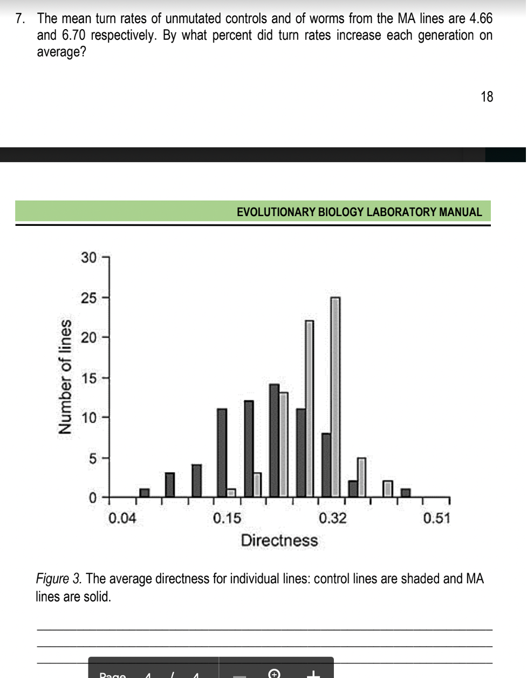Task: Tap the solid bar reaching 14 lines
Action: click(x=274, y=440)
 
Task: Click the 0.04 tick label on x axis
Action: click(x=122, y=518)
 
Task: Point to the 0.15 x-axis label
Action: click(x=227, y=518)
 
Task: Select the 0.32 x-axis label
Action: click(x=332, y=518)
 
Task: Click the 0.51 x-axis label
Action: click(x=436, y=518)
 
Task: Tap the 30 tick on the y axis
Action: click(x=90, y=258)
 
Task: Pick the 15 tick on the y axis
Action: click(x=90, y=378)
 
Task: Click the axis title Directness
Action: click(x=279, y=540)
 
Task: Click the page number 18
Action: click(x=486, y=97)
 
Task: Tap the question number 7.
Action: click(x=20, y=19)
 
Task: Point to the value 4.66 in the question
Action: click(x=481, y=19)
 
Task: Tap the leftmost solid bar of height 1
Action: click(x=144, y=493)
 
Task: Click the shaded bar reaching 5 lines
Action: click(x=361, y=477)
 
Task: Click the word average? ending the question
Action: click(x=61, y=53)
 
